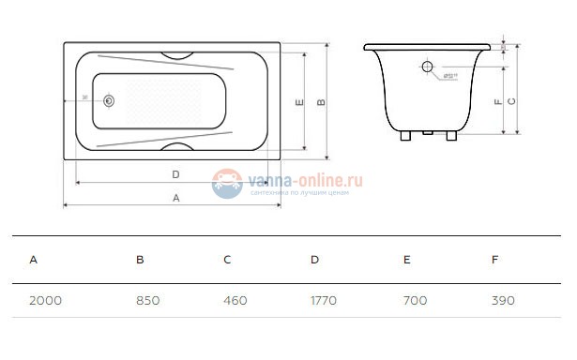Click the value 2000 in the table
pos(45,301)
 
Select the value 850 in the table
pos(147,301)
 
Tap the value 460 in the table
pos(235,301)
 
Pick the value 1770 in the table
pos(323,301)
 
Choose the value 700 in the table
pos(415,301)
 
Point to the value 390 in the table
pos(503,301)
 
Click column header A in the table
pos(34,259)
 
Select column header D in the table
pos(314,259)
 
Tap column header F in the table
pos(494,259)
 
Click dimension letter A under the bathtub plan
pos(175,197)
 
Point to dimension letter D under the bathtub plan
pos(175,174)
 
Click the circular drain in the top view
pos(110,99)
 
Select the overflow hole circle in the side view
pos(427,67)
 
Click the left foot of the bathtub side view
pos(404,135)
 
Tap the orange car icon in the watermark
pos(226,182)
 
